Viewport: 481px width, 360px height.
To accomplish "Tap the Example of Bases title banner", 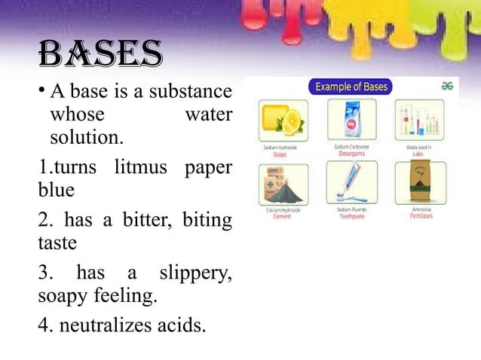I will (x=351, y=87).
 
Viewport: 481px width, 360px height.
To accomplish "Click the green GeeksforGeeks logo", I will (x=446, y=87).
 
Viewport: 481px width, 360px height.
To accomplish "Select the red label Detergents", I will (x=351, y=154).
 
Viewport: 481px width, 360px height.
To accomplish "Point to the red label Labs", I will (x=420, y=154).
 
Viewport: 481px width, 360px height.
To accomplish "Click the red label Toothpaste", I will (x=352, y=216).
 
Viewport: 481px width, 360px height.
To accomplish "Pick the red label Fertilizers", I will (x=421, y=216).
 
